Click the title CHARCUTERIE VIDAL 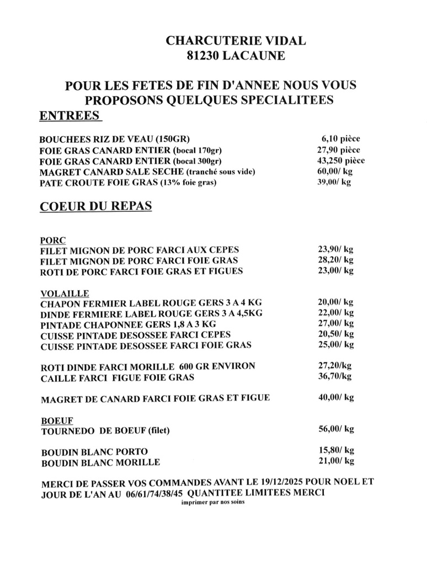(235, 41)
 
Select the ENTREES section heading (70, 116)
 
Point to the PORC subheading (53, 241)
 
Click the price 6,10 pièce (340, 139)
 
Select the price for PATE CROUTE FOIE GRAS (334, 182)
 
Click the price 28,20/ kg (335, 260)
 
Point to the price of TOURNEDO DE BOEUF (335, 429)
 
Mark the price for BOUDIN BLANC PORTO (335, 450)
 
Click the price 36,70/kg (334, 376)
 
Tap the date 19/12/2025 (291, 482)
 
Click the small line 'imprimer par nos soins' (213, 503)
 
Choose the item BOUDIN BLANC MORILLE (100, 462)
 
